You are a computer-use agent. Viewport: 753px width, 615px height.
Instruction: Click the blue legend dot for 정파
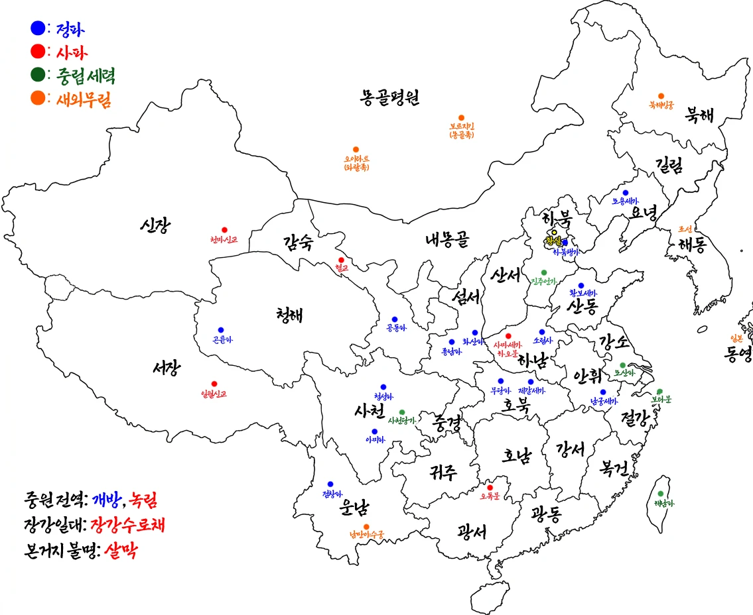(38, 28)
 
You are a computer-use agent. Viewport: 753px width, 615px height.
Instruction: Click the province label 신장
(155, 226)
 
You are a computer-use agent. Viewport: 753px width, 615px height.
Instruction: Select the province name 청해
(289, 314)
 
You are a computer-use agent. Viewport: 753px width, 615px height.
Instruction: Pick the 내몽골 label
(447, 239)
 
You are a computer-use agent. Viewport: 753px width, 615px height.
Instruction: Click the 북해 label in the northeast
(701, 115)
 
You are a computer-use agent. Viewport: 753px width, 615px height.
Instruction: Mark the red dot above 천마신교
(224, 230)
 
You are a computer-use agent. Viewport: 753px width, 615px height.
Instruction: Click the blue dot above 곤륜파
(221, 330)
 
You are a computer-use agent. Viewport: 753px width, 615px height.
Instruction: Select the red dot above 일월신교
(214, 384)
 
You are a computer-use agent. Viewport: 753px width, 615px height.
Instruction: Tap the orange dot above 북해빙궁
(661, 96)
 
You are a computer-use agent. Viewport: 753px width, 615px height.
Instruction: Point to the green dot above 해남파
(660, 494)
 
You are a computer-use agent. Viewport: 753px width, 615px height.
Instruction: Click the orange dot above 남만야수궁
(366, 527)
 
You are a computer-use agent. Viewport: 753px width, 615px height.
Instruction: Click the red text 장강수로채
(127, 526)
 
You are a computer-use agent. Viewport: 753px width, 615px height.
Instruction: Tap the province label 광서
(472, 531)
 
